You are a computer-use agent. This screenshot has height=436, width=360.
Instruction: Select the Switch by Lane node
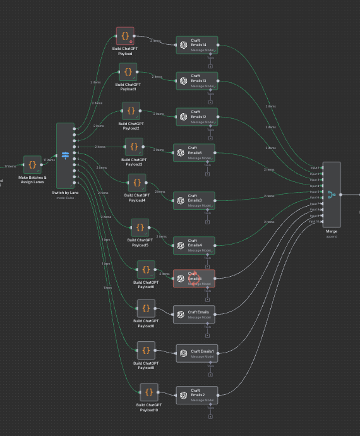pyautogui.click(x=65, y=155)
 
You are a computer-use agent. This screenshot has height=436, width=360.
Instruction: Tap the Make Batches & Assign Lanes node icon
pyautogui.click(x=32, y=165)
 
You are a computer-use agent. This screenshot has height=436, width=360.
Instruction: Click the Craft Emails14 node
pyautogui.click(x=196, y=44)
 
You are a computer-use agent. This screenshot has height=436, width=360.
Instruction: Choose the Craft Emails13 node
pyautogui.click(x=196, y=80)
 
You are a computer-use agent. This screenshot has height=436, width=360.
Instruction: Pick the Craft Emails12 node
pyautogui.click(x=196, y=116)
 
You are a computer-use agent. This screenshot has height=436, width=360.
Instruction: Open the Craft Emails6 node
pyautogui.click(x=194, y=152)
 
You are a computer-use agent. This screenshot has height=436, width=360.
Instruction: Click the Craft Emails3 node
pyautogui.click(x=194, y=200)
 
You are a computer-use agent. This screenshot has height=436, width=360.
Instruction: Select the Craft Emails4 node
pyautogui.click(x=194, y=245)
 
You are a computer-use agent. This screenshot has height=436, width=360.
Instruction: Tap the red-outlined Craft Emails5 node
pyautogui.click(x=194, y=279)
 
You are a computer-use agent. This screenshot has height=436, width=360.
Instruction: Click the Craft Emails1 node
pyautogui.click(x=196, y=354)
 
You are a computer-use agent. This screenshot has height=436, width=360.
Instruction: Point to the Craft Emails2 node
pyautogui.click(x=196, y=395)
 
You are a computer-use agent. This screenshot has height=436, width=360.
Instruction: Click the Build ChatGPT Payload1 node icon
pyautogui.click(x=128, y=71)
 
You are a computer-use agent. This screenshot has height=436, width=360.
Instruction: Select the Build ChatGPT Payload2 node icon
pyautogui.click(x=131, y=111)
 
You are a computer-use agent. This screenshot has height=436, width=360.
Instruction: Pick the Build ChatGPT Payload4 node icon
pyautogui.click(x=136, y=183)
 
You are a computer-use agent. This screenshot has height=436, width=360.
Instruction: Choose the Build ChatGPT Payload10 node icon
pyautogui.click(x=148, y=392)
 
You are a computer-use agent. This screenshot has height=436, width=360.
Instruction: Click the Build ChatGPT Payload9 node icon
pyautogui.click(x=146, y=349)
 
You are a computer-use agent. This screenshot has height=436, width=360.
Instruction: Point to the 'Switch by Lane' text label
pyautogui.click(x=65, y=191)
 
